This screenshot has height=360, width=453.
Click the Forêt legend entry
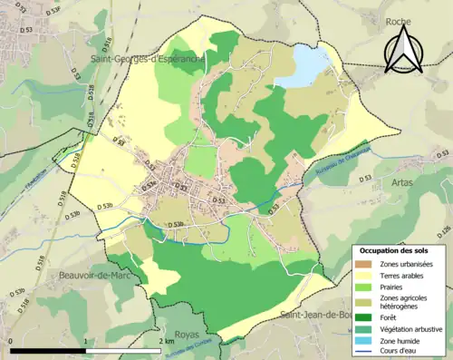[x=390, y=317]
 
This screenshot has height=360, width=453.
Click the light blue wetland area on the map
[x=304, y=67]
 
